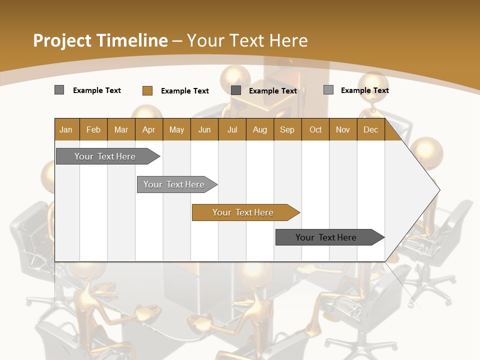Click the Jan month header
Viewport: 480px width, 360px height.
(x=66, y=129)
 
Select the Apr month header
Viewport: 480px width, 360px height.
(x=148, y=129)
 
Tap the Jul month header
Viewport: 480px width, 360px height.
(x=232, y=129)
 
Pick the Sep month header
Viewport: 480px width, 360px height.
(x=287, y=129)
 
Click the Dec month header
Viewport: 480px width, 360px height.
(x=370, y=129)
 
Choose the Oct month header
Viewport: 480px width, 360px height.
(x=315, y=129)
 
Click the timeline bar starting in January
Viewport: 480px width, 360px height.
(x=105, y=156)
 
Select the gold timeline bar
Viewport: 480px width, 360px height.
(x=243, y=212)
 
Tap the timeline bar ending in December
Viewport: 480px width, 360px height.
(x=326, y=237)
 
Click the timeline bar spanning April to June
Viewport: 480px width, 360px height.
(x=174, y=184)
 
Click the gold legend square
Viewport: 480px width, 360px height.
(x=147, y=90)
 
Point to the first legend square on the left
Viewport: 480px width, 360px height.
(x=59, y=90)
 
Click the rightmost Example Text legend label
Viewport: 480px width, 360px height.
(x=364, y=90)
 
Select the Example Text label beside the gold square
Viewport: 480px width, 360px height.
(x=184, y=91)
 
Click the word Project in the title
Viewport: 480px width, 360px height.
(x=62, y=40)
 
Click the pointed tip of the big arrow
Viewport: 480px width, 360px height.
(x=438, y=189)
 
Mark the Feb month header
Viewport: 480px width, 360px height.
(x=93, y=129)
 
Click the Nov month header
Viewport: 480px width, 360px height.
(x=343, y=129)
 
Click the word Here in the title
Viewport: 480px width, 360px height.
(x=288, y=40)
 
